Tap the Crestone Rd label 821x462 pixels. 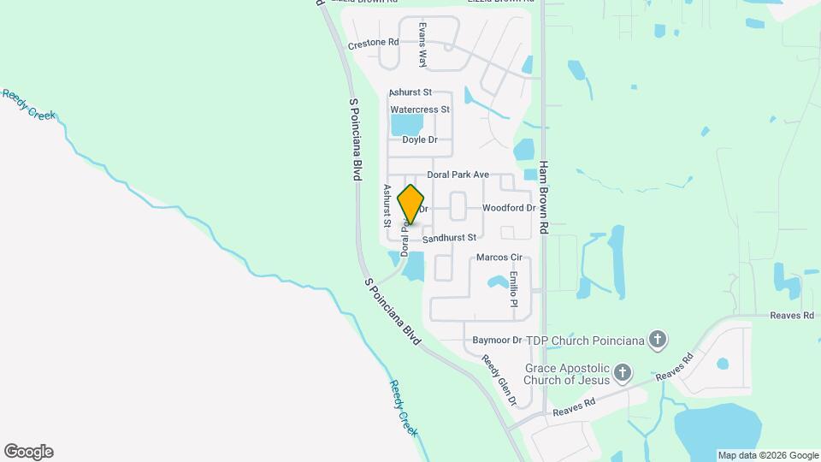[374, 43]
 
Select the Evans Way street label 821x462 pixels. [422, 44]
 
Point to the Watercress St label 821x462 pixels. [419, 110]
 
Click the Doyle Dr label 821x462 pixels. [420, 139]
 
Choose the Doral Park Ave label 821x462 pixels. [458, 175]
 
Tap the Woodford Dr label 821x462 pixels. [508, 208]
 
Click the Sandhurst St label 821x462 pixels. [448, 236]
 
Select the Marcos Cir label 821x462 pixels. [499, 257]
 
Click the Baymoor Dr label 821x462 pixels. [497, 340]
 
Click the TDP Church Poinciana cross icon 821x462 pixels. [658, 340]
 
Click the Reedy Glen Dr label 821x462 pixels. [499, 380]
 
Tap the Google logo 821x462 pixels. [28, 452]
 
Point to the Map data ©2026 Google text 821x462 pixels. [768, 455]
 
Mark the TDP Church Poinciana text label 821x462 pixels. [585, 340]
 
